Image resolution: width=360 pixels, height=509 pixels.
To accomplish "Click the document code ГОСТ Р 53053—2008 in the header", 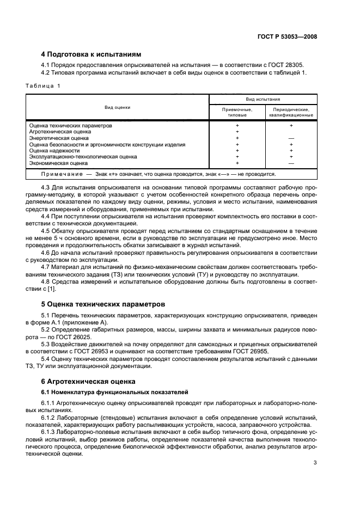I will tap(286, 37).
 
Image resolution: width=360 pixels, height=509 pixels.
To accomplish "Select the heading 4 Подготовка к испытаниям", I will tap(91, 54).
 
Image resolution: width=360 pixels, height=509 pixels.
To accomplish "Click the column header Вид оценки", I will tap(118, 107).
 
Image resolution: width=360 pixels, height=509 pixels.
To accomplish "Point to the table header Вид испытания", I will tap(263, 100).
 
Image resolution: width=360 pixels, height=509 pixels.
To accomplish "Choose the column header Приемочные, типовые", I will tap(237, 112).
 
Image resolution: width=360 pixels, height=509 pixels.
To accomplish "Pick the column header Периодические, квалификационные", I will tap(291, 112).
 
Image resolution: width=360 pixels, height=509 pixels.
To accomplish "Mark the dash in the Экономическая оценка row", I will tap(291, 163).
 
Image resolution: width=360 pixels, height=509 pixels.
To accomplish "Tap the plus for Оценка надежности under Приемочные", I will tap(237, 151).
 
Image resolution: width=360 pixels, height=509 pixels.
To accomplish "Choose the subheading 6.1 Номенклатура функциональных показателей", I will tap(115, 391).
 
